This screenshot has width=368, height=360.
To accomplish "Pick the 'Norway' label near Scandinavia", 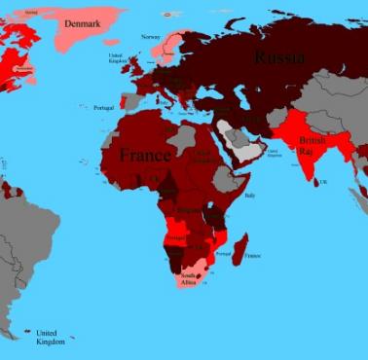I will [150, 37].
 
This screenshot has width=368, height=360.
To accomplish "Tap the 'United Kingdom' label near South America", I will [50, 337].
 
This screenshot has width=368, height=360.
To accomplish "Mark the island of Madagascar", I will [241, 248].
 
